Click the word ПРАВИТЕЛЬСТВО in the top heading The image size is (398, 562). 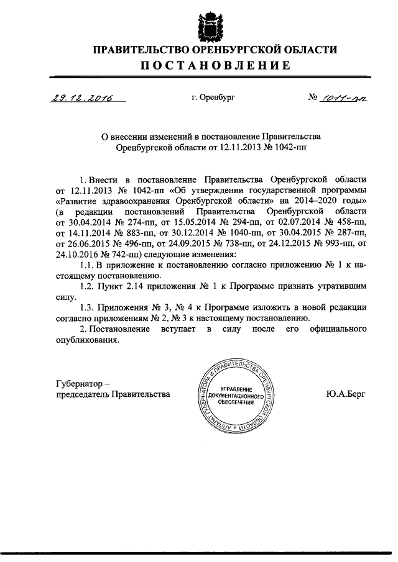135,50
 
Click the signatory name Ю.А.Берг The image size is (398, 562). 345,393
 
